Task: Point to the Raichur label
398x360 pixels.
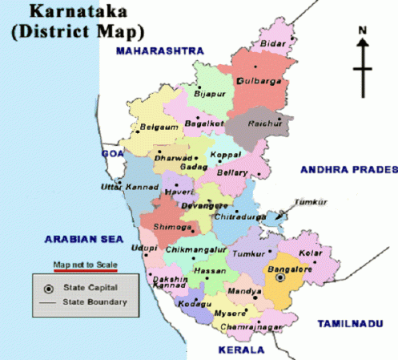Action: pyautogui.click(x=265, y=126)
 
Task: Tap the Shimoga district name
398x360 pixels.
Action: pyautogui.click(x=171, y=227)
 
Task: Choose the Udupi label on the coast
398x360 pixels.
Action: pyautogui.click(x=145, y=249)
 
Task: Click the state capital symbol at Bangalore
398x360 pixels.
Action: pyautogui.click(x=279, y=277)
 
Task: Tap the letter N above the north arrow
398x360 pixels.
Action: pyautogui.click(x=362, y=31)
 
